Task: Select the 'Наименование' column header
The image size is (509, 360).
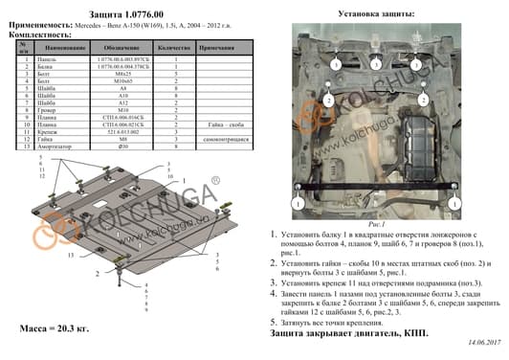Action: point(64,48)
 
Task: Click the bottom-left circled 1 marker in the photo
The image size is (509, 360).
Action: point(299,204)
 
